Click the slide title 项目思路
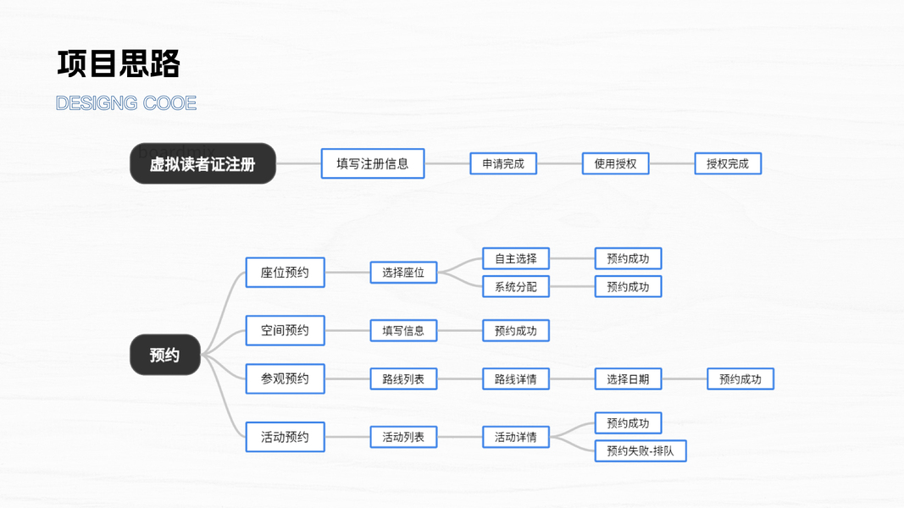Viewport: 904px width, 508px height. tap(119, 63)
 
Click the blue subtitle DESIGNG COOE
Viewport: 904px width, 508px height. tap(126, 103)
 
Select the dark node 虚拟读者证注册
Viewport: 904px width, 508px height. tap(202, 163)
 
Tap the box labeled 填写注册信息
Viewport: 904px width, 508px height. tap(373, 163)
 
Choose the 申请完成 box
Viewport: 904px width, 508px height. tap(503, 163)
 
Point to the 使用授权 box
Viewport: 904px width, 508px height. tap(615, 163)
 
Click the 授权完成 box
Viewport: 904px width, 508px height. tap(728, 163)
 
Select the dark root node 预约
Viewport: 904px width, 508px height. tap(164, 355)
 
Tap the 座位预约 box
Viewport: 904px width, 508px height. tap(285, 273)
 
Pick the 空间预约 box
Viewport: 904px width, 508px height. tap(285, 330)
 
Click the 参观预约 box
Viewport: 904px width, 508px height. tap(285, 378)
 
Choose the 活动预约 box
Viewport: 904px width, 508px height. tap(285, 437)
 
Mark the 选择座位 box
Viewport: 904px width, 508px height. tap(403, 273)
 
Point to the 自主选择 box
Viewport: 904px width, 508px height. tap(516, 258)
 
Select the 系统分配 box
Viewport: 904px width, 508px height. tap(516, 287)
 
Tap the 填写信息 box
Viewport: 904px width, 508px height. tap(403, 330)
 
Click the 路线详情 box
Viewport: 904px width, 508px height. tap(516, 378)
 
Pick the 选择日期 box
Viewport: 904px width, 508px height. tap(628, 378)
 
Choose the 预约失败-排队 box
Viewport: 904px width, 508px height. tap(641, 451)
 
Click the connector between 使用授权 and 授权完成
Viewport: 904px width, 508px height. tap(672, 163)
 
